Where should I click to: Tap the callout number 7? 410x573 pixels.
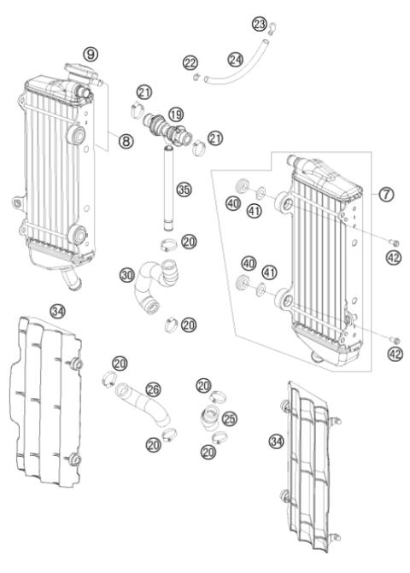click(386, 194)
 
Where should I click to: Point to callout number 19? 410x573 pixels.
click(175, 113)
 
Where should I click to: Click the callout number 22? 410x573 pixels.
click(190, 61)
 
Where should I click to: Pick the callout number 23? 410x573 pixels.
click(260, 23)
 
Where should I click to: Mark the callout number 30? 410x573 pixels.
click(127, 275)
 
